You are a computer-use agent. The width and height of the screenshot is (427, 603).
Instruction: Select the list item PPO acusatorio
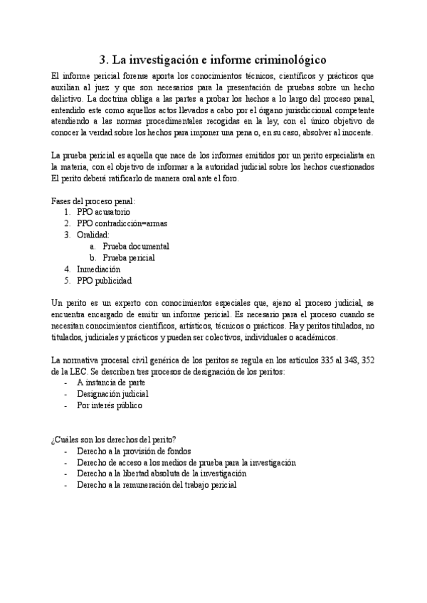(103, 211)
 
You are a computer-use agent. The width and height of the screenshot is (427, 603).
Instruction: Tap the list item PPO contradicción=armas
(122, 223)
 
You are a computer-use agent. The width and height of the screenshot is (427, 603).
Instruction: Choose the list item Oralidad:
(93, 234)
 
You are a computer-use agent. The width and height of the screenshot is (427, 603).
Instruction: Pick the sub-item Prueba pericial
(128, 257)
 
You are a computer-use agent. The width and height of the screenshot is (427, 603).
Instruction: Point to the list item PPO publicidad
(104, 280)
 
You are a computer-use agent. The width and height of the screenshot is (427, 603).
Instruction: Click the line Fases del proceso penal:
(93, 200)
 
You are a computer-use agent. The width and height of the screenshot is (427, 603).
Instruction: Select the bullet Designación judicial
(112, 393)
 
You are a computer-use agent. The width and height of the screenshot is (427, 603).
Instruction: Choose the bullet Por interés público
(110, 405)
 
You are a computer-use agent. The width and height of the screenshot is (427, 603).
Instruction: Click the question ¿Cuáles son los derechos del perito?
(114, 439)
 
